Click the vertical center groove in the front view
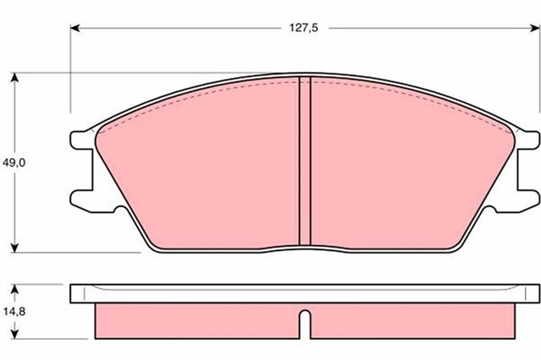pos(306,161)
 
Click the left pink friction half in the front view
pos(203,169)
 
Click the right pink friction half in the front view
pos(406,169)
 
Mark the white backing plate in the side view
pos(304,294)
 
